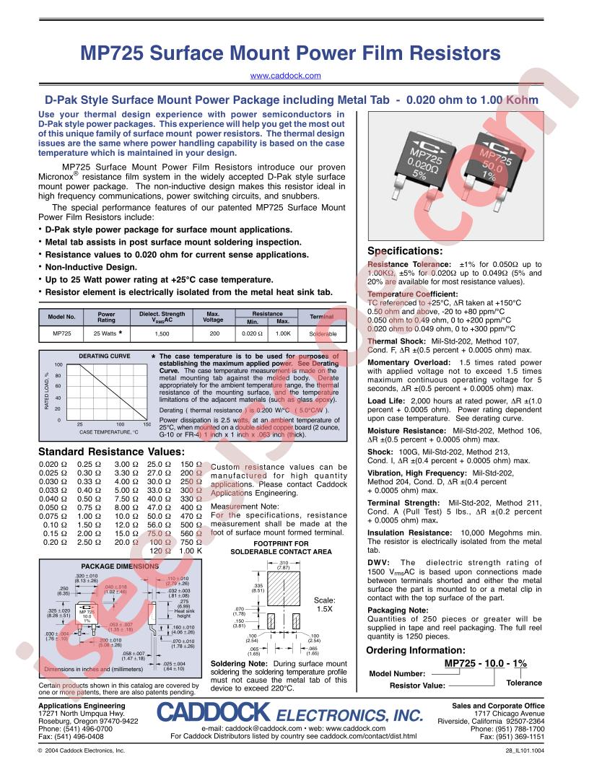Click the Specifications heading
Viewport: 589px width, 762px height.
(404, 251)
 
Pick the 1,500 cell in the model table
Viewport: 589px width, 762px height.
(162, 334)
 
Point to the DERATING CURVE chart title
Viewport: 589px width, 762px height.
(104, 356)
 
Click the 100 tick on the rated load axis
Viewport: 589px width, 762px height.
(58, 364)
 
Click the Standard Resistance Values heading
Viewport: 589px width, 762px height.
(105, 452)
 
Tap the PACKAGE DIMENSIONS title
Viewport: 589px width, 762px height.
(108, 566)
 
